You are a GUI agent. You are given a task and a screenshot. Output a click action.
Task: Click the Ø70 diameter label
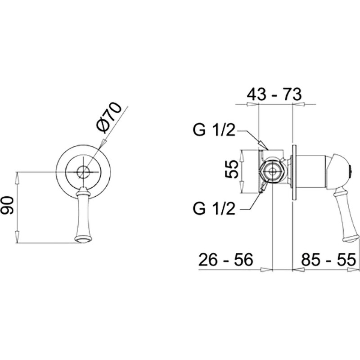(x=108, y=117)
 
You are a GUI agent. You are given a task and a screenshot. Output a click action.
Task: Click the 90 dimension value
(x=8, y=205)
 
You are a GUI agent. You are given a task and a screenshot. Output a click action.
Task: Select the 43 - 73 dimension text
(x=274, y=94)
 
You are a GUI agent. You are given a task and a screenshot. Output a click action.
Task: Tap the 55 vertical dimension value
(x=231, y=169)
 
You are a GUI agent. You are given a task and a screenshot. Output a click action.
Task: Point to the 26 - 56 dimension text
(x=226, y=260)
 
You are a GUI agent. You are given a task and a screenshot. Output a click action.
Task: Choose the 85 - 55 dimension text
(x=328, y=260)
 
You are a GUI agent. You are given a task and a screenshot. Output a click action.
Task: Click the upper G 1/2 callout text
(x=214, y=130)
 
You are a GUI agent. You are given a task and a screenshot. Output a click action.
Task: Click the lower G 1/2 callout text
(x=214, y=209)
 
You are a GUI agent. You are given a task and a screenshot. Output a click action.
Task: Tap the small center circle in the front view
(x=83, y=172)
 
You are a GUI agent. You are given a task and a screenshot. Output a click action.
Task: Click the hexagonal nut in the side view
(x=272, y=172)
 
